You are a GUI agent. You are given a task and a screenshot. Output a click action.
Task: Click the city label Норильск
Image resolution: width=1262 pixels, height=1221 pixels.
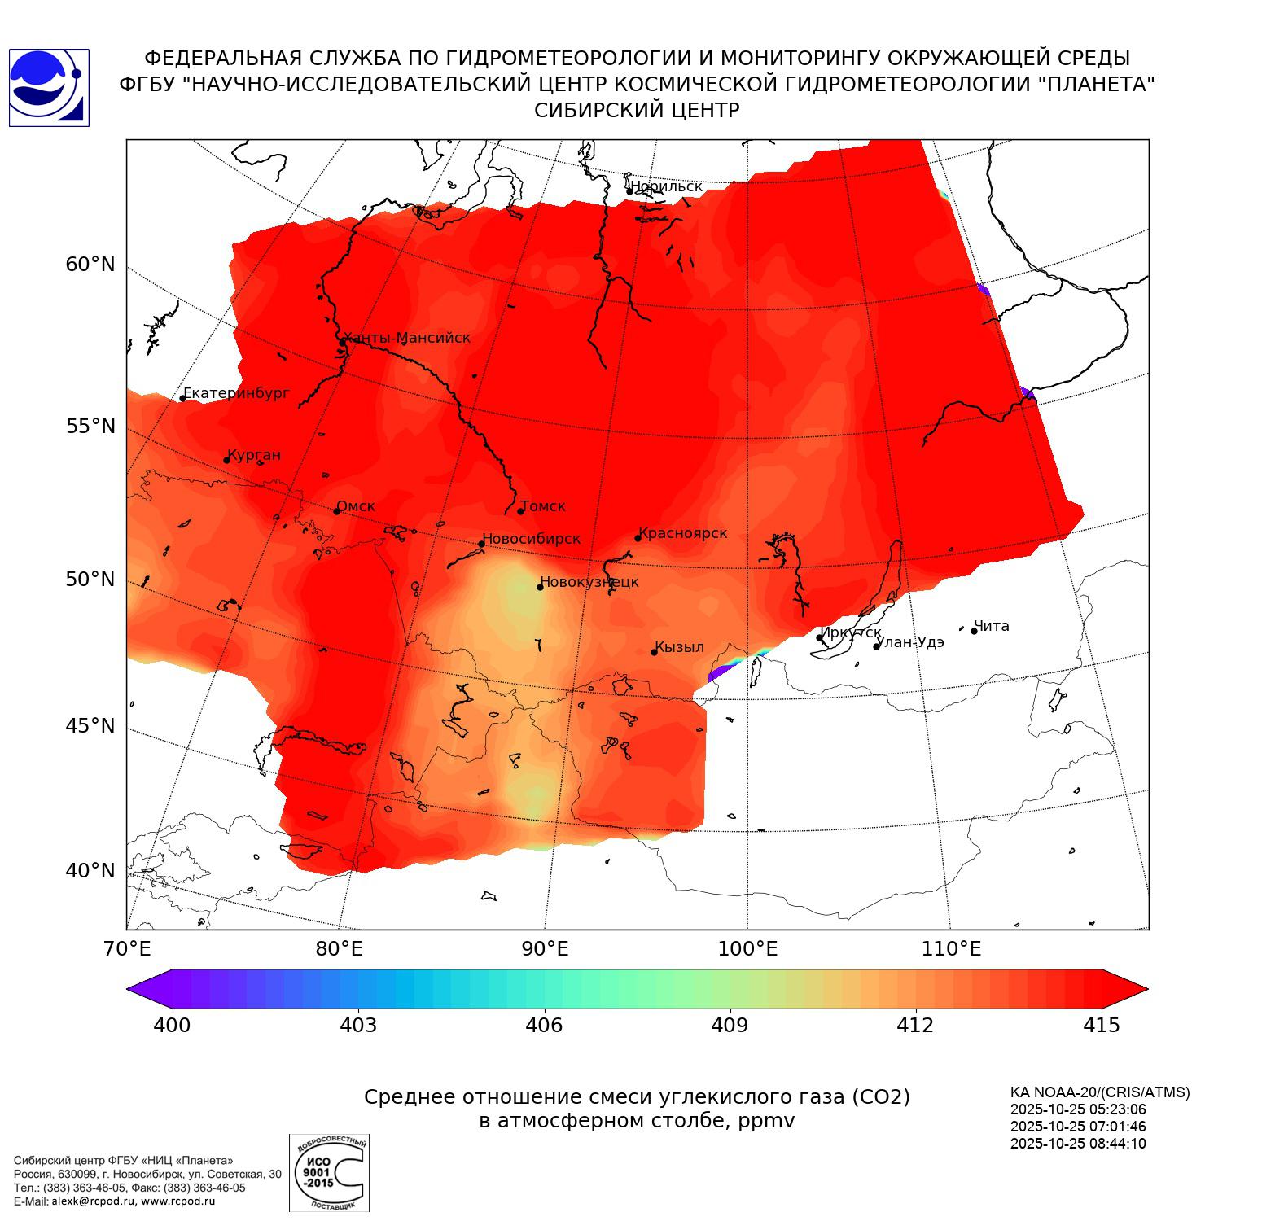(666, 186)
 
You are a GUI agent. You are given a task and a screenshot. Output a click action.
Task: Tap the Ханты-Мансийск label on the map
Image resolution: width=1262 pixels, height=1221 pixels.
(407, 338)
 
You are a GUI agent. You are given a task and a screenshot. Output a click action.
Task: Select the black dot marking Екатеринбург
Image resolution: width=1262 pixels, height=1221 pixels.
(183, 398)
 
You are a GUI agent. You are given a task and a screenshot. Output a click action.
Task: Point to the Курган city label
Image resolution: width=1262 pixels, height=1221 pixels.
(254, 455)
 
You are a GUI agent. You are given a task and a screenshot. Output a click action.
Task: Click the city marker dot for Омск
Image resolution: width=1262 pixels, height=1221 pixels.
(336, 511)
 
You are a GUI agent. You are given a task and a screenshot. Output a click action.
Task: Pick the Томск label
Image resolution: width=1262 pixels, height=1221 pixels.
(542, 506)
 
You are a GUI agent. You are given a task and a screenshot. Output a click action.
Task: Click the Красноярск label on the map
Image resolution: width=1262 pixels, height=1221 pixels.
(682, 533)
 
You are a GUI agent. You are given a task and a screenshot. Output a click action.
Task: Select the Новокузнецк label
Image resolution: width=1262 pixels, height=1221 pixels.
(589, 582)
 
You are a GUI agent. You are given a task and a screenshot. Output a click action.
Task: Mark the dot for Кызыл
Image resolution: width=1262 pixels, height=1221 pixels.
(654, 652)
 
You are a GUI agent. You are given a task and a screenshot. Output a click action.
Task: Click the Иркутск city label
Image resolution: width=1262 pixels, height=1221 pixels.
(851, 632)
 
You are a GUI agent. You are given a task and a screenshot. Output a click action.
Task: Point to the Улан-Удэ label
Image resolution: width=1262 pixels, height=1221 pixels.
(912, 641)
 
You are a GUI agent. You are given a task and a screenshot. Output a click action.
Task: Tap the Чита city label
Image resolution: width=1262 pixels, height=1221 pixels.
(992, 626)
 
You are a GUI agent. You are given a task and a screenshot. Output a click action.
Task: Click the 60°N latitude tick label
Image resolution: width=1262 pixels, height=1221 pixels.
(90, 265)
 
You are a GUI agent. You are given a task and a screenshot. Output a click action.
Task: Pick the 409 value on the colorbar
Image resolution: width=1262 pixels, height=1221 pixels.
(730, 1025)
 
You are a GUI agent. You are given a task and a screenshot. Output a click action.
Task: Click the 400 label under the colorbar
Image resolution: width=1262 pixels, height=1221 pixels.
(172, 1025)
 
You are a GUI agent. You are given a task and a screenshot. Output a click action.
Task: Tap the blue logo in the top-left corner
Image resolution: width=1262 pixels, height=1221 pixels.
(49, 88)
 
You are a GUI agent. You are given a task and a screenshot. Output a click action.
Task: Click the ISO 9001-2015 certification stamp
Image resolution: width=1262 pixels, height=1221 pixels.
(329, 1173)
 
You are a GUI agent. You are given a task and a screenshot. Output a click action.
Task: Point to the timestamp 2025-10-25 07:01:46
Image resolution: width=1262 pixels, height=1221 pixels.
(1078, 1127)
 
